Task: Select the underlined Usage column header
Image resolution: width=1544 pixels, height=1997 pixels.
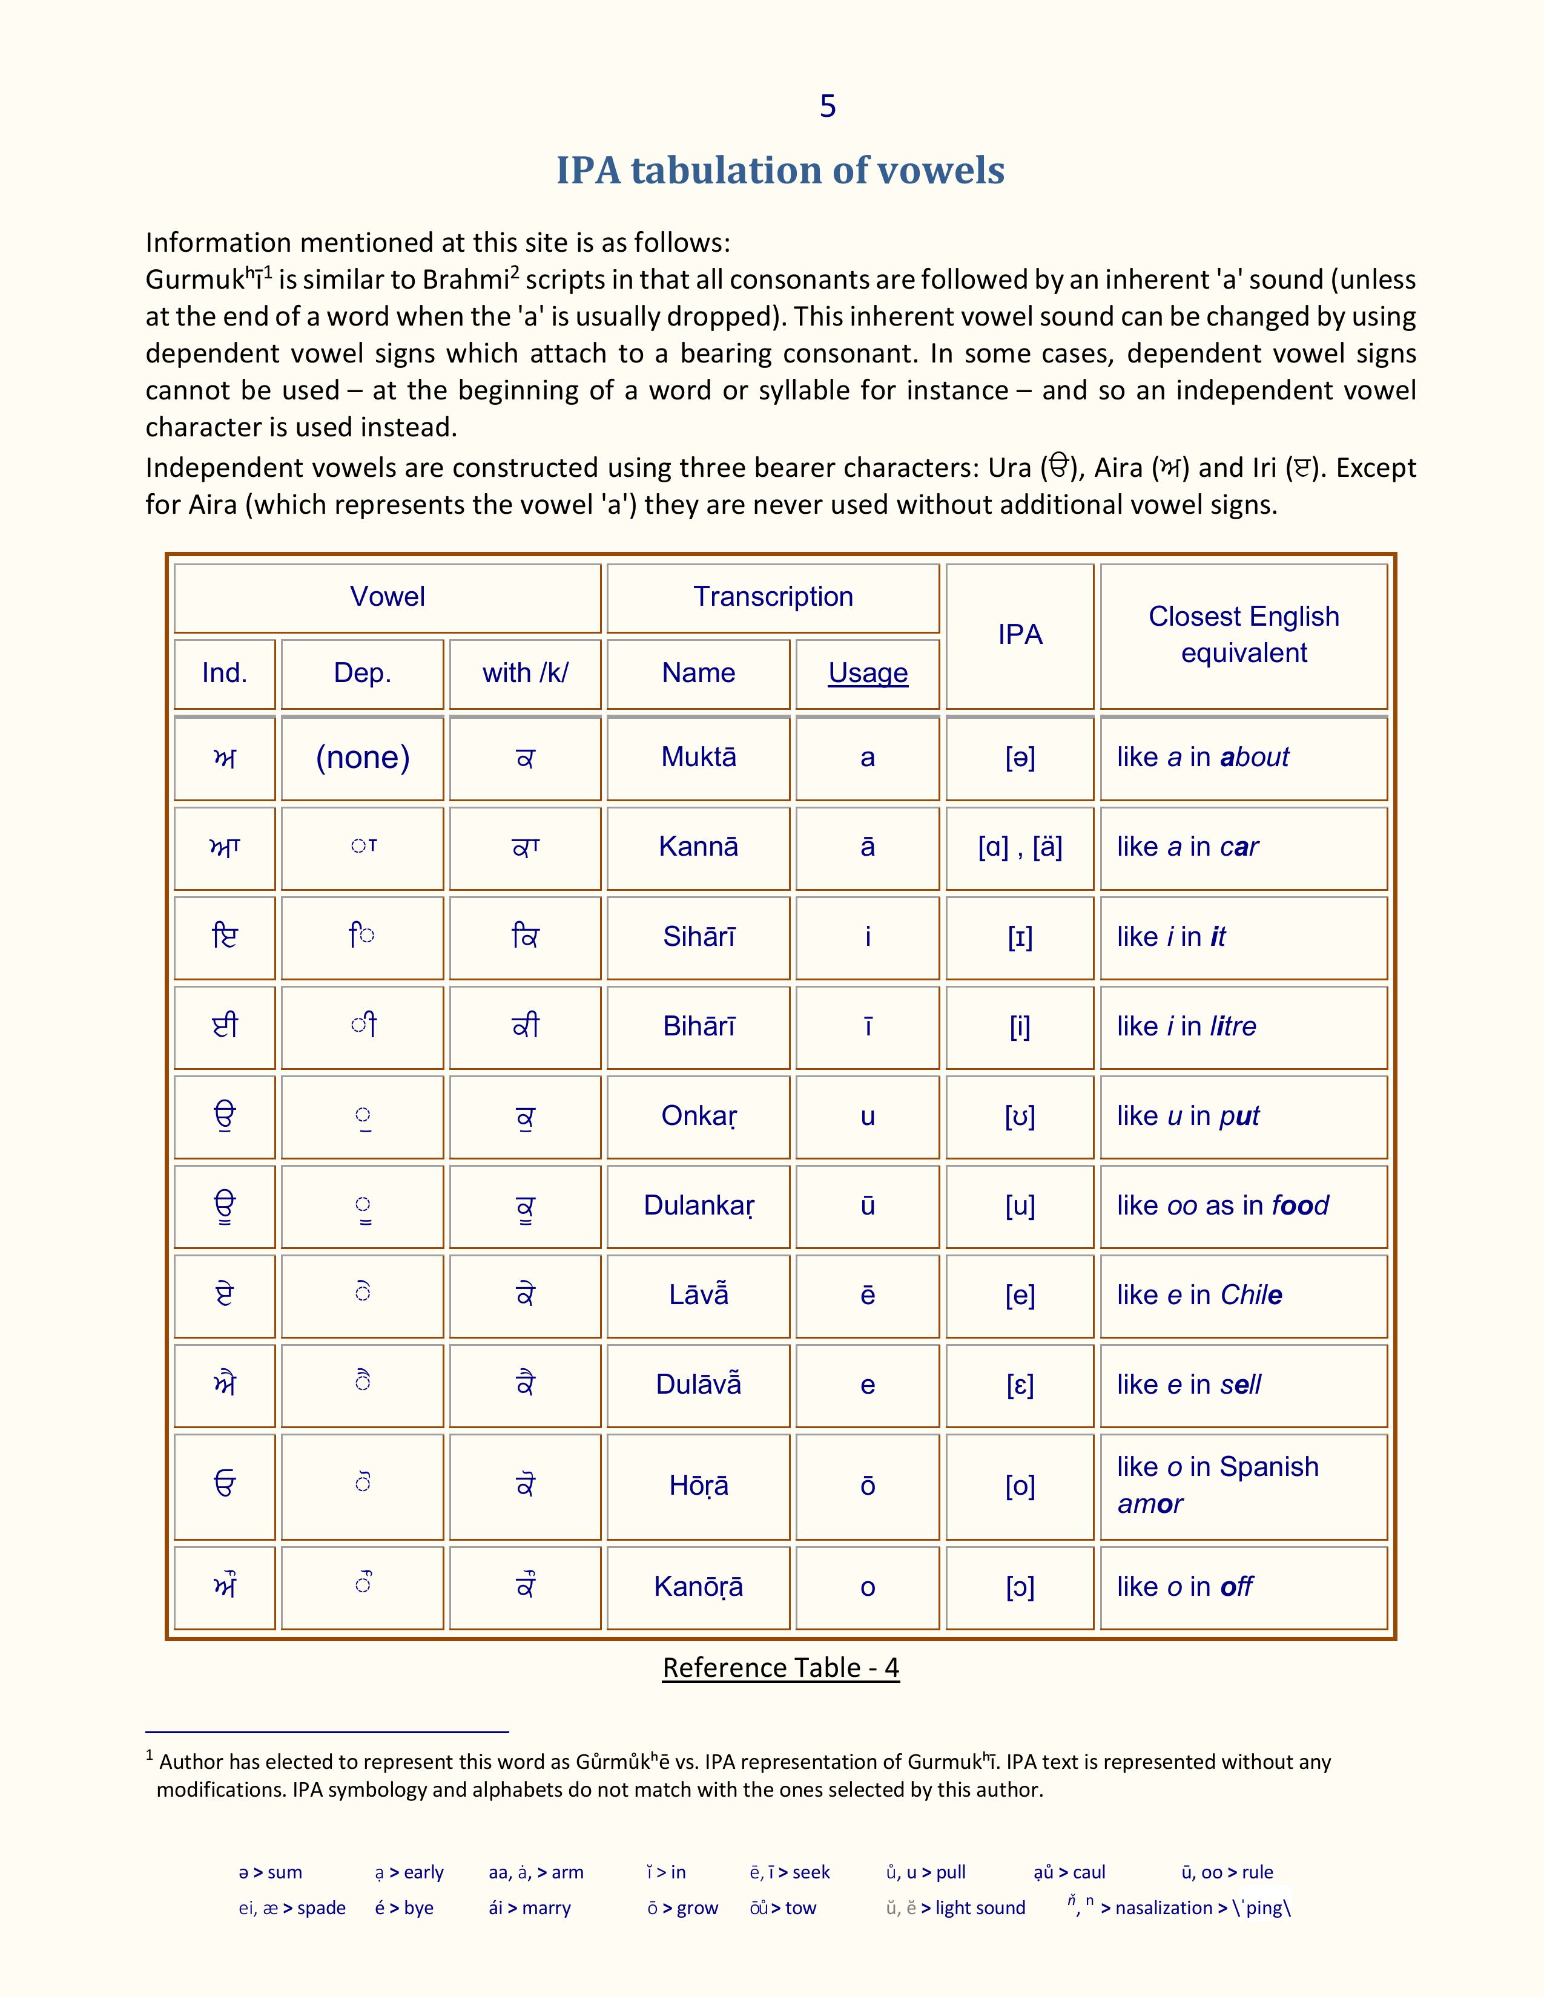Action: pyautogui.click(x=867, y=673)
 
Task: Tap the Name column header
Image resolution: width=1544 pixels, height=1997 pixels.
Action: pyautogui.click(x=698, y=673)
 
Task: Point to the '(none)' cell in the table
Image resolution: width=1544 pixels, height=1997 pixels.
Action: pyautogui.click(x=362, y=757)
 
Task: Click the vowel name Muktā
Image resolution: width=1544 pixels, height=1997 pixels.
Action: pyautogui.click(x=698, y=757)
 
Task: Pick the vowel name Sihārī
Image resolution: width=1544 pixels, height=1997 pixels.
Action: pyautogui.click(x=698, y=936)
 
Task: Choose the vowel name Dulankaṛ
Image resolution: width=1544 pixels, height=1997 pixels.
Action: pyautogui.click(x=699, y=1205)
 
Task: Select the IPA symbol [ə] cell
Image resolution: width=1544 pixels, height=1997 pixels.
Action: pyautogui.click(x=1019, y=757)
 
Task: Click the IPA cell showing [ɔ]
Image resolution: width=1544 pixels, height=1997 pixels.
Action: pyautogui.click(x=1019, y=1587)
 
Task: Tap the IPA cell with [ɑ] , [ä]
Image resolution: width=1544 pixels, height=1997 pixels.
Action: pyautogui.click(x=1019, y=847)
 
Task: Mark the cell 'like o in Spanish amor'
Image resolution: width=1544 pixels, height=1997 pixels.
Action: pyautogui.click(x=1216, y=1485)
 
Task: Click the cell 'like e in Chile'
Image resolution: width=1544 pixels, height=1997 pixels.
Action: pyautogui.click(x=1198, y=1295)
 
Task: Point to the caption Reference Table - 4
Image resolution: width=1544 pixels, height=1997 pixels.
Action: pyautogui.click(x=780, y=1668)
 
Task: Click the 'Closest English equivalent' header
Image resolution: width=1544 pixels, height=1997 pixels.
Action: pyautogui.click(x=1243, y=635)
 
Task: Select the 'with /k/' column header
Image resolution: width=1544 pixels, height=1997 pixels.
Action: pyautogui.click(x=525, y=673)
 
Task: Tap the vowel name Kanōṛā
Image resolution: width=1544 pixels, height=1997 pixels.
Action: pyautogui.click(x=698, y=1587)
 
